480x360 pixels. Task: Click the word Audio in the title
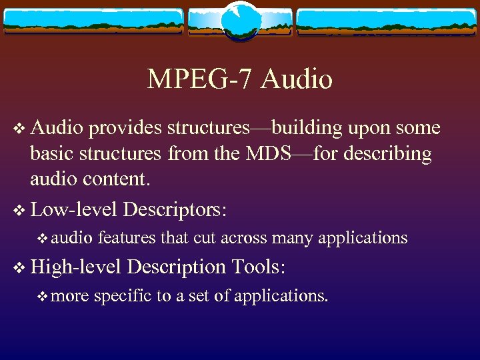(297, 79)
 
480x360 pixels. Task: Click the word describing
(386, 153)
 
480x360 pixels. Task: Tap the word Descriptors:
(175, 209)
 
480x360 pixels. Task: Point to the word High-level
(75, 267)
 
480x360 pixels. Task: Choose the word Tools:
(259, 267)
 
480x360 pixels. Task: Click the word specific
(123, 295)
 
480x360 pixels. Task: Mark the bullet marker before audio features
(43, 237)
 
